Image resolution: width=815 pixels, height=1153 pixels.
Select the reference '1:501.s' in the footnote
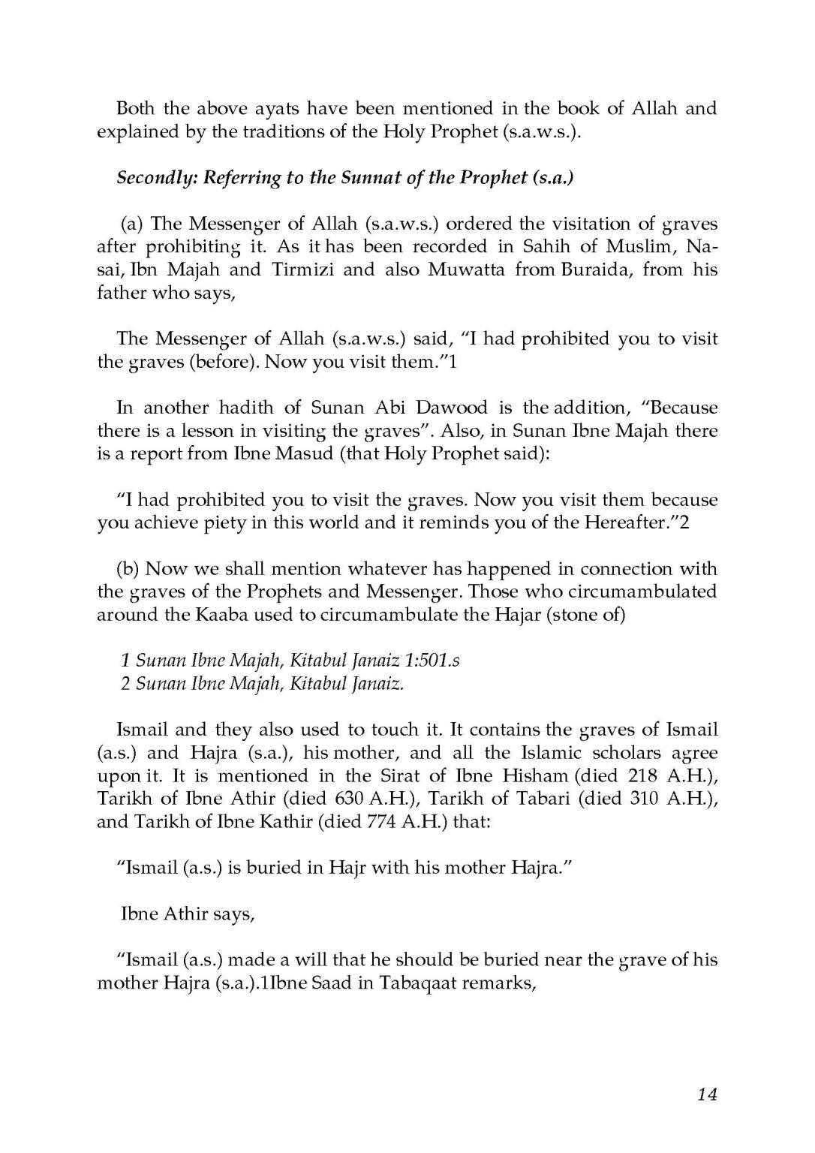click(x=432, y=661)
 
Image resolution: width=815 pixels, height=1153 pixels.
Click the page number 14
click(x=707, y=1094)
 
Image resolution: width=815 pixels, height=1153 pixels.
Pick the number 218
click(x=642, y=775)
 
